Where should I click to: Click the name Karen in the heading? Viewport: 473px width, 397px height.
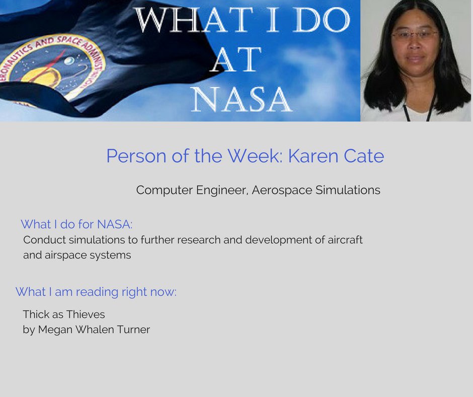(308, 156)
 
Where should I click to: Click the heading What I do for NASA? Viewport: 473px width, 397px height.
(76, 224)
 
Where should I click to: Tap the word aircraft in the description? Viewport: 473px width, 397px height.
(345, 240)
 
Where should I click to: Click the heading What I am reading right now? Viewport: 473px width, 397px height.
(96, 292)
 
